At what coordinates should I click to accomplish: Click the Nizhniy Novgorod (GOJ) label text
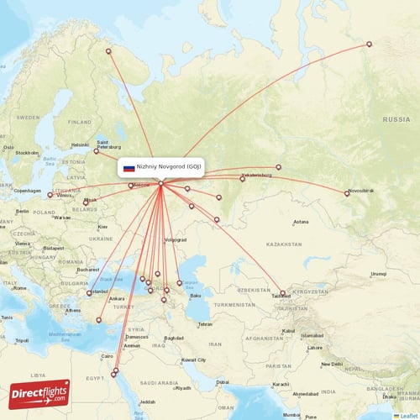171,167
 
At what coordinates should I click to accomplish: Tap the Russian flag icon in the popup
129,168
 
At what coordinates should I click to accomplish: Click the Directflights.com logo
39,393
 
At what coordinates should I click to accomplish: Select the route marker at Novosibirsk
347,194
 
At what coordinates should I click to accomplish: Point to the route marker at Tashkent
282,293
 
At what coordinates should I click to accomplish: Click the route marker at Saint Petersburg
97,151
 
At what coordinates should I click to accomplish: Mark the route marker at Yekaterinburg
242,179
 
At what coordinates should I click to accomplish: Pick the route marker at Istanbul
89,293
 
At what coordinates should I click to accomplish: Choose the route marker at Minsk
86,202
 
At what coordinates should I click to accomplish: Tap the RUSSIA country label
396,120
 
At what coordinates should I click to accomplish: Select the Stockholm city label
27,153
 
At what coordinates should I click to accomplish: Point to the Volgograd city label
175,239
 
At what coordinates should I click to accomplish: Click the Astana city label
301,222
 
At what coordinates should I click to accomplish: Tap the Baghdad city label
175,338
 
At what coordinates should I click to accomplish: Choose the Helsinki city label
80,144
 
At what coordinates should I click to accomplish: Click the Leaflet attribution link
407,415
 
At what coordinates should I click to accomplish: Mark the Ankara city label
117,298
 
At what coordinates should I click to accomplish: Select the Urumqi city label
379,273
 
